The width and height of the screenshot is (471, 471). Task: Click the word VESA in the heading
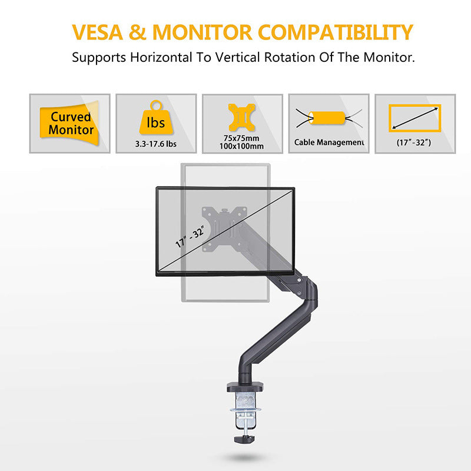coord(97,32)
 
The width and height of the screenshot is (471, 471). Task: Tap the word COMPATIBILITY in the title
coord(336,32)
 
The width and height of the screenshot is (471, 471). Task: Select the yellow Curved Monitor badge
coord(69,124)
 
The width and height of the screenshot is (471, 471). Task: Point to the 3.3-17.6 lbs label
coord(156,144)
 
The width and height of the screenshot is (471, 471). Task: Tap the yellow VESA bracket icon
coord(242,117)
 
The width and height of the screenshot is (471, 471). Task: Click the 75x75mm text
coord(241,138)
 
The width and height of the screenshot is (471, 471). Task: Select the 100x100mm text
coord(241,146)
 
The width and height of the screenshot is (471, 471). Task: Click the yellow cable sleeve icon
coord(327,118)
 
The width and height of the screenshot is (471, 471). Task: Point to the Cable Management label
coord(329,142)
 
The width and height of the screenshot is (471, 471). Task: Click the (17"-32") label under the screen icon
coord(414,142)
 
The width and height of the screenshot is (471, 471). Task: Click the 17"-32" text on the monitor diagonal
coord(190,237)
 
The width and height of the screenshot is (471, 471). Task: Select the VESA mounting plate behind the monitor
coord(224,229)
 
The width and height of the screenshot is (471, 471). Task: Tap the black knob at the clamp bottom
coord(245,439)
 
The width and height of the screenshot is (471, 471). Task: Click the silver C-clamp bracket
coord(246,410)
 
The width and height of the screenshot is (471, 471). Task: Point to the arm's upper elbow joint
coord(310,291)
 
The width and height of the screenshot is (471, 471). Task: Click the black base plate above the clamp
coord(245,387)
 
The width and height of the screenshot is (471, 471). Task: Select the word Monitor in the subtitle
coord(389,57)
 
